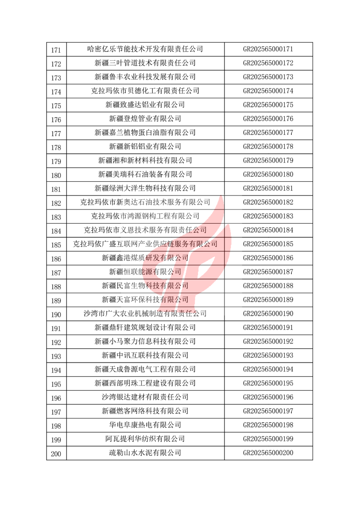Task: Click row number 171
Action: (56, 50)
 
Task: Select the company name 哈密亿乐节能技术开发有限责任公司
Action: (145, 49)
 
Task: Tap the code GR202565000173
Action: (268, 77)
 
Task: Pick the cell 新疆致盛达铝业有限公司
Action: (145, 105)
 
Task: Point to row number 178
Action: (56, 147)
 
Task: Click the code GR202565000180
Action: (268, 174)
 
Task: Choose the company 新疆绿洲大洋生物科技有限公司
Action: (145, 188)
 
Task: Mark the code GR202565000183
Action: (268, 216)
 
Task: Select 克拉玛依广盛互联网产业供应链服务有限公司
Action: (145, 244)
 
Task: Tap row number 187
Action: (56, 273)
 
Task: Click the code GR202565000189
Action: (268, 300)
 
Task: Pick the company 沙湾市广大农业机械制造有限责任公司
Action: (145, 314)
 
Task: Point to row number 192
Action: (56, 343)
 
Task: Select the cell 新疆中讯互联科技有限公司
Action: (145, 356)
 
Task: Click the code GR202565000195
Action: (268, 383)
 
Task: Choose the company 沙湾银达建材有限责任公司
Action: (145, 397)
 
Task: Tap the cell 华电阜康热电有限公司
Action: (145, 425)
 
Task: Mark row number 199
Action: (56, 440)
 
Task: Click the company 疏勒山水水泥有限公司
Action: (145, 453)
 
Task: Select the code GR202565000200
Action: (268, 453)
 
